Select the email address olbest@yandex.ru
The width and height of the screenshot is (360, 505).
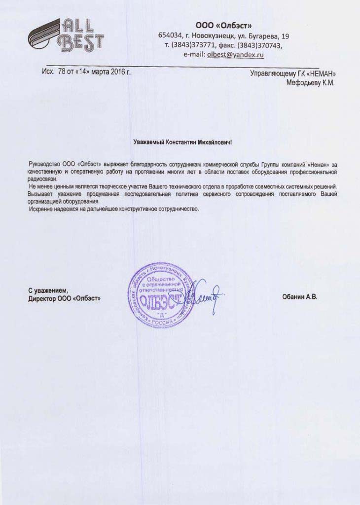235,55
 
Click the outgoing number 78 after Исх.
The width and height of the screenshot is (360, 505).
62,72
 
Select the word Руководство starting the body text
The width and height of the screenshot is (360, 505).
45,163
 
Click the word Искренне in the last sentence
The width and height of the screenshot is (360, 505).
41,209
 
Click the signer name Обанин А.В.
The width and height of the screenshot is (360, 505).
299,297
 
